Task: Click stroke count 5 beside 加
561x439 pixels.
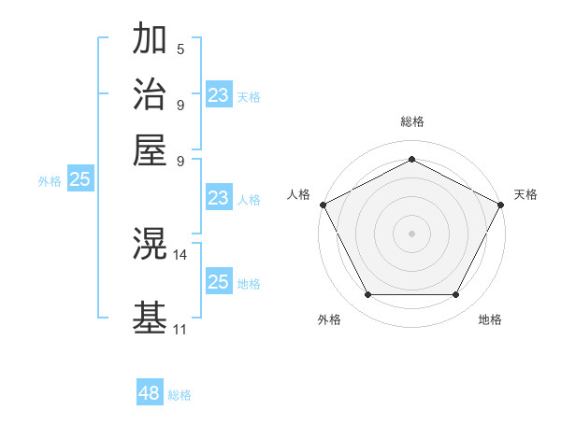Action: coord(180,49)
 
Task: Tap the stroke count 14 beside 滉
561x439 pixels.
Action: coord(180,254)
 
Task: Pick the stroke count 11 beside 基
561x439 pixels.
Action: coord(180,329)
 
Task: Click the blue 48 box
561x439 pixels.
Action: coord(150,393)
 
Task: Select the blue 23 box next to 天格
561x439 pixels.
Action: coord(219,95)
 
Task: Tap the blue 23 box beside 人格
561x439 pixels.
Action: coord(219,198)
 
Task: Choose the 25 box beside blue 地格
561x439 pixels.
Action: coord(219,282)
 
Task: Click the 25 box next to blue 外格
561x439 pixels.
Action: coord(79,180)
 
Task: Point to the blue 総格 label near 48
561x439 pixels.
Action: coord(180,395)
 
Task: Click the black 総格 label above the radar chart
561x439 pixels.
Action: coord(411,122)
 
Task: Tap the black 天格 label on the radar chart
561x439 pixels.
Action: coord(525,194)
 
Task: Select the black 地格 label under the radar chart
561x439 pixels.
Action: coord(490,319)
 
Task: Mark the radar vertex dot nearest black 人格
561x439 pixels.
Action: coord(324,204)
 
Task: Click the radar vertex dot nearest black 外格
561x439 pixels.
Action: coord(367,295)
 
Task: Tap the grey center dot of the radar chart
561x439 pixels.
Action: coord(411,233)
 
